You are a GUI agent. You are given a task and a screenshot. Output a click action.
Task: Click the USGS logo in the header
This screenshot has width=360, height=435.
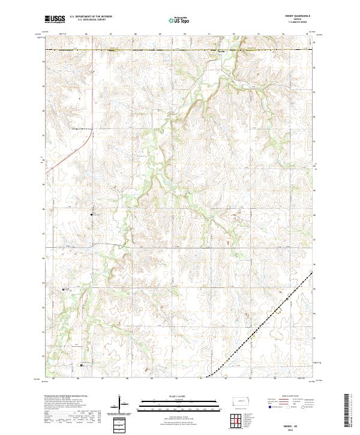tap(55, 19)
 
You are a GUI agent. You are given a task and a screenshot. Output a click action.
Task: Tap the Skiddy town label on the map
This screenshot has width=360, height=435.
tap(221, 52)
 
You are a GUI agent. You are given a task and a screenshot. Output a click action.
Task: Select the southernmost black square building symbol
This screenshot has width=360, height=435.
tap(82, 364)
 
